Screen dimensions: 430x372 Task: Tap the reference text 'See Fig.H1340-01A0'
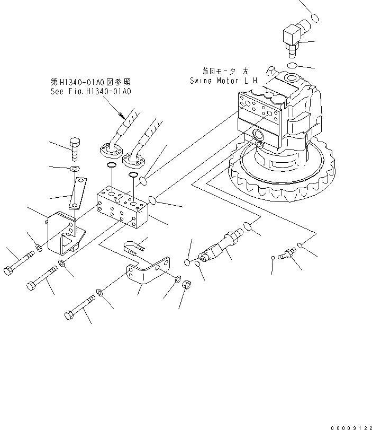click(90, 91)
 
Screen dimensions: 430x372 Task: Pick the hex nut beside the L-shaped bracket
click(186, 285)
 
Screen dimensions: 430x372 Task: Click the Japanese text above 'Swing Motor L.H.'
click(225, 71)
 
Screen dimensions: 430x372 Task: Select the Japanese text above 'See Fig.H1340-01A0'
click(90, 82)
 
